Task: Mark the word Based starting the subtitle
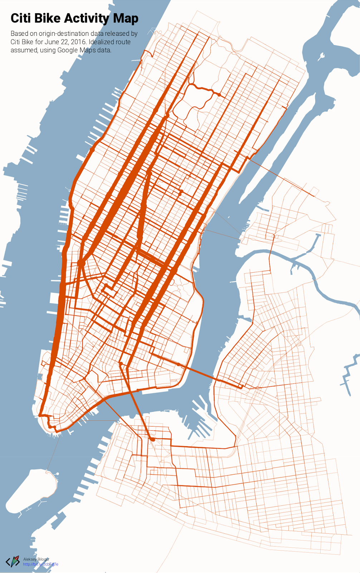coord(19,34)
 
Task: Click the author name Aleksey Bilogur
coord(36,559)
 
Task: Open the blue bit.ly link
coord(40,564)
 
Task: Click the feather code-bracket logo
coord(13,561)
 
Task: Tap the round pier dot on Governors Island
coord(57,474)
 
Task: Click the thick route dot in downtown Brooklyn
coord(152,439)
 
